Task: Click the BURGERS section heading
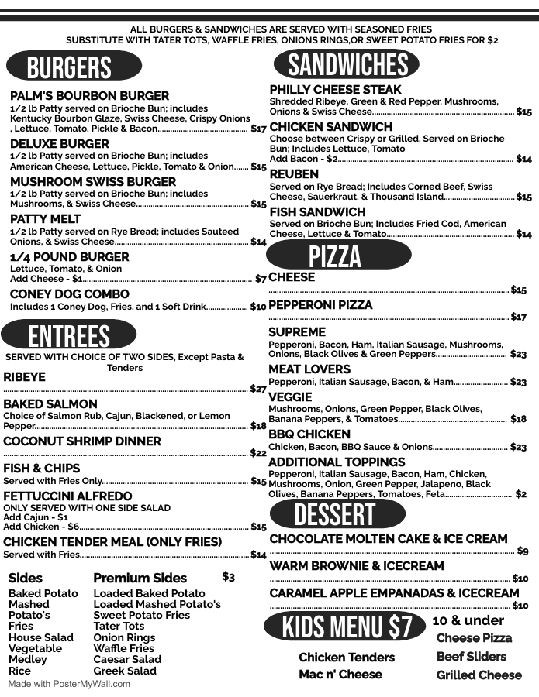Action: click(x=70, y=67)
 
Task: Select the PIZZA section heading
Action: click(x=335, y=256)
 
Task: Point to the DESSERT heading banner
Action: click(x=335, y=514)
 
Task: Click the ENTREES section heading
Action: click(x=69, y=336)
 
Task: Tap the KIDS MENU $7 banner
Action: click(x=347, y=627)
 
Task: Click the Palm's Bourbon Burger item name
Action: click(x=89, y=96)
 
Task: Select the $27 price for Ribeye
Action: click(x=258, y=389)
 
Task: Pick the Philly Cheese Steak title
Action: click(x=336, y=90)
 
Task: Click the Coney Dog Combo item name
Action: click(x=70, y=294)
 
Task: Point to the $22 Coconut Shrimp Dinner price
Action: click(x=258, y=453)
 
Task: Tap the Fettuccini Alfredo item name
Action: click(x=67, y=496)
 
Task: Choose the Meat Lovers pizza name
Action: click(x=309, y=369)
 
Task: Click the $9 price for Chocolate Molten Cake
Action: click(x=523, y=551)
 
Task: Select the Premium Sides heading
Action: click(x=140, y=578)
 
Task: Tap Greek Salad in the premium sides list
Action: click(x=125, y=671)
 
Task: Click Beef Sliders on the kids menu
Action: click(x=472, y=657)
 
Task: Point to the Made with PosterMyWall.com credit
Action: click(x=70, y=685)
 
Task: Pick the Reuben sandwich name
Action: click(x=294, y=174)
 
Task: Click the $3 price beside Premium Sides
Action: click(x=228, y=577)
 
